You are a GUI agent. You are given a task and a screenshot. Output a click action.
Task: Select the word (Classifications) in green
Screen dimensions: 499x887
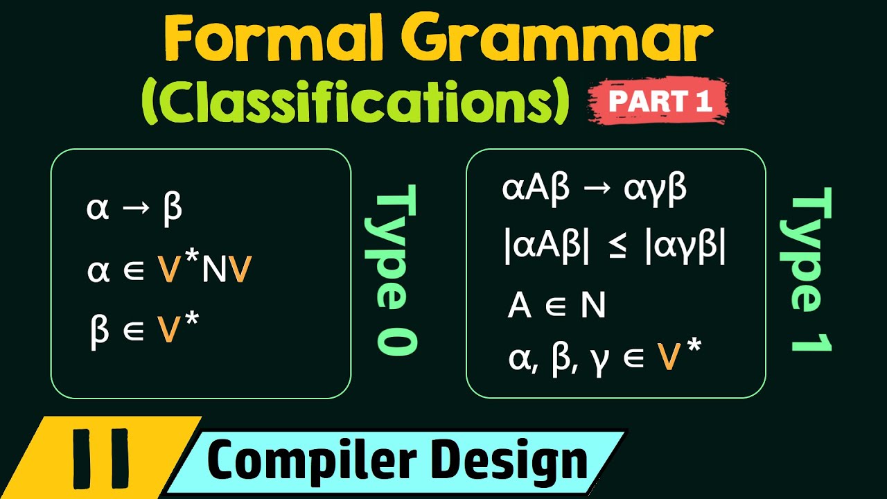pos(354,103)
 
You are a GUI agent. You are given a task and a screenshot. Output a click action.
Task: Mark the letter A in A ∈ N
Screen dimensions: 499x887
pos(520,306)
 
